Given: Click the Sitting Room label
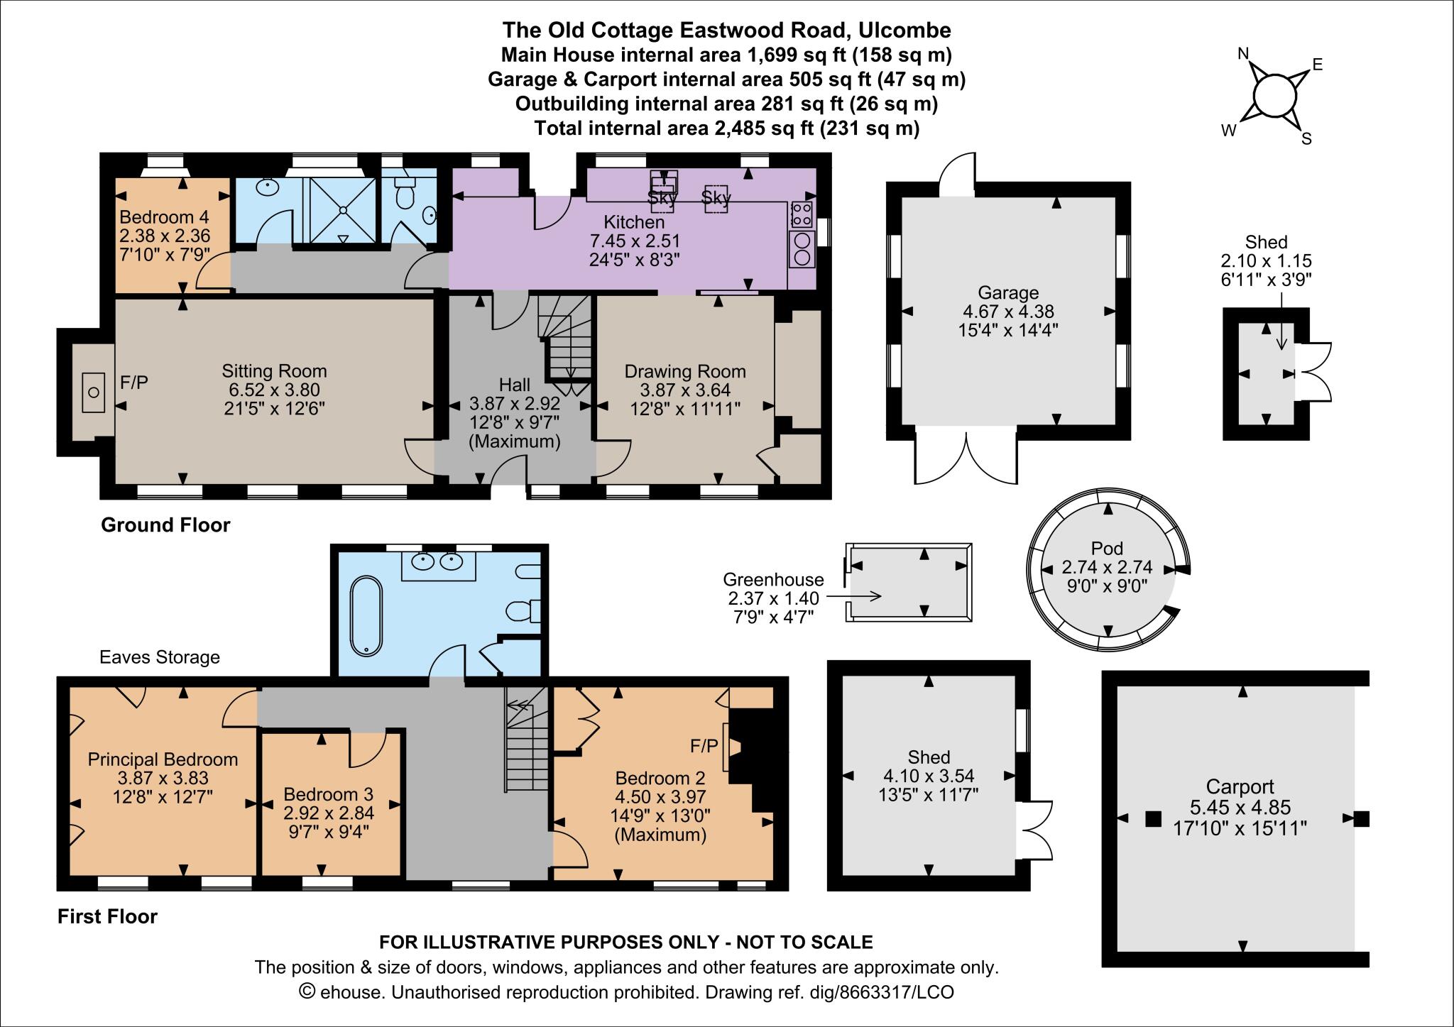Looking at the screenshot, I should tap(274, 371).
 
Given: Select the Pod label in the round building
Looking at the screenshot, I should tap(1107, 549).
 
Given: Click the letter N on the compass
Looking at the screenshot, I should tap(1243, 54).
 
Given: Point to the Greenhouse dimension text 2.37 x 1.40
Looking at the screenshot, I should tap(773, 598).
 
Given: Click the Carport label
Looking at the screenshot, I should tap(1240, 787).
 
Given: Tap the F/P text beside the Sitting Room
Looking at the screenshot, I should tap(134, 383).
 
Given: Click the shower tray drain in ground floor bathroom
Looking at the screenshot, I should tap(344, 210).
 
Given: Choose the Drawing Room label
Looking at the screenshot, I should tap(685, 371).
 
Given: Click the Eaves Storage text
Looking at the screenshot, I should tap(160, 657).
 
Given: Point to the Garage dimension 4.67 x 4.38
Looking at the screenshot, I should tap(1007, 311).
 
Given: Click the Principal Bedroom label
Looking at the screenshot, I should tap(163, 759).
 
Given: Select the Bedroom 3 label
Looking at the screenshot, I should tap(328, 794).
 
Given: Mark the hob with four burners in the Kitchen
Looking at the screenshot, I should tap(802, 213).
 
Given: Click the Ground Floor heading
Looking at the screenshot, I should tap(165, 525).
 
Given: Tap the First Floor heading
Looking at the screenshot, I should tap(107, 916).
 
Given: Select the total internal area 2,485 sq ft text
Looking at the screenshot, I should tap(726, 128).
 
